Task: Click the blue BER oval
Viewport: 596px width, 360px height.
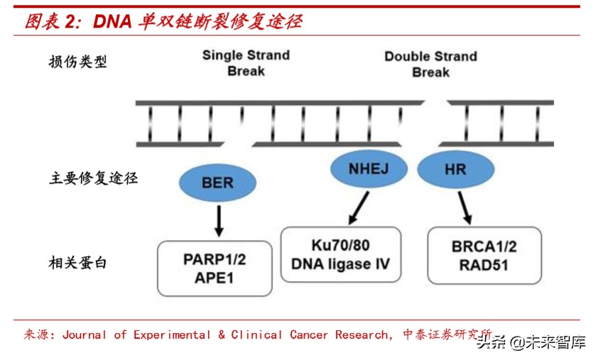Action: click(217, 183)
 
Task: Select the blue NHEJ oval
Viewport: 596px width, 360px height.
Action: click(369, 168)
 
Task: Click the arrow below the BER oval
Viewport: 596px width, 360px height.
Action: click(219, 221)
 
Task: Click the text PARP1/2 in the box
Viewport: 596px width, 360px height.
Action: click(215, 259)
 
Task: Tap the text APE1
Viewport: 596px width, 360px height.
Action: click(215, 278)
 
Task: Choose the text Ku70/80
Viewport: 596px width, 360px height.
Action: click(340, 246)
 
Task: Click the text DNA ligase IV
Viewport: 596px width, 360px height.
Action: click(340, 264)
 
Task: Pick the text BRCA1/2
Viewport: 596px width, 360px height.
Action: click(484, 247)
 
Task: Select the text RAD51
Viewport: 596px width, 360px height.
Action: click(484, 266)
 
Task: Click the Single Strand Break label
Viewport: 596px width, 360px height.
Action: click(246, 63)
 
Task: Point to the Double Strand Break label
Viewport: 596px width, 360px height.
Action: click(430, 64)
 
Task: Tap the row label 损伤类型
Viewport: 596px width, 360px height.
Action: click(78, 62)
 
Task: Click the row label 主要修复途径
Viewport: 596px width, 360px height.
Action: click(93, 178)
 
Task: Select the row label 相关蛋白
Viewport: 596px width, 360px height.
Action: click(78, 263)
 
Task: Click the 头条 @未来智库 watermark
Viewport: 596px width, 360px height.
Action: click(531, 343)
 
